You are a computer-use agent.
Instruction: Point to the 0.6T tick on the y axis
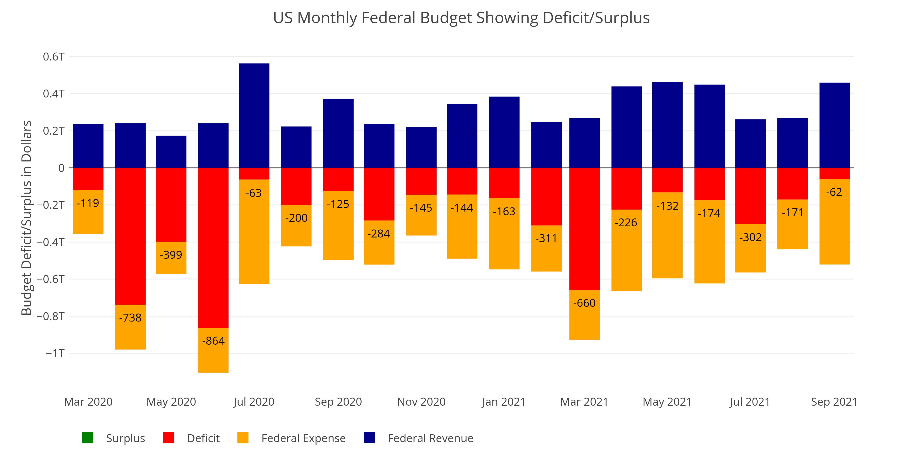[54, 57]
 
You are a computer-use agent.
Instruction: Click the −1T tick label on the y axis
[55, 353]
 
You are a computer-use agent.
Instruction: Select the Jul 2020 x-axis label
[254, 402]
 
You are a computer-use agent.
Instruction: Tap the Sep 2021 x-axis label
[834, 402]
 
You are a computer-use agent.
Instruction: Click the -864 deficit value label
[213, 341]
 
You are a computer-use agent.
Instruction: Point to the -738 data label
[130, 318]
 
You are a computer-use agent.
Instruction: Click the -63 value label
[254, 193]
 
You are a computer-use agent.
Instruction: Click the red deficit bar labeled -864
[213, 247]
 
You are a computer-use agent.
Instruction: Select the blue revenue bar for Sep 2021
[834, 125]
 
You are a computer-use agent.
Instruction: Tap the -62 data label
[834, 192]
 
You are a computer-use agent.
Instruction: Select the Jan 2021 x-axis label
[503, 402]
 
